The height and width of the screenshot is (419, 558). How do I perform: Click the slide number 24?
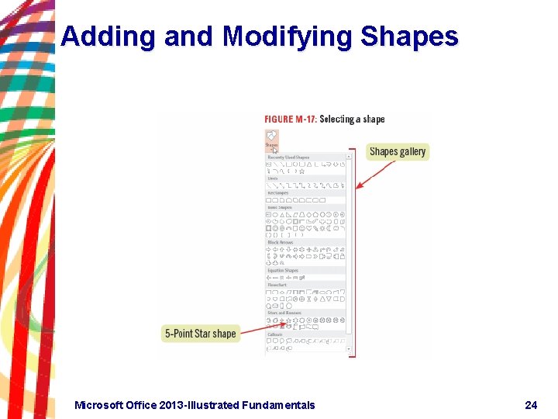point(531,404)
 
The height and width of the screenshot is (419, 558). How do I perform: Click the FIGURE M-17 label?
point(291,119)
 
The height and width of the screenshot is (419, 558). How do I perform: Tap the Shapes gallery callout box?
point(398,151)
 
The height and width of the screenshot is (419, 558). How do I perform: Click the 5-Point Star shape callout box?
point(200,334)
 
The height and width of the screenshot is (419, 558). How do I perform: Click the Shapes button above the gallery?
point(271,140)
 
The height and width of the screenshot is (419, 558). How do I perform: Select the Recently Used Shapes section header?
point(288,158)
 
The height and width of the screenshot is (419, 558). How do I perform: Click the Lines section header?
point(273,178)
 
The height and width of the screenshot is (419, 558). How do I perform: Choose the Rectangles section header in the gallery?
point(277,193)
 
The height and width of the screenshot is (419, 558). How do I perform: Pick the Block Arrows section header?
point(281,242)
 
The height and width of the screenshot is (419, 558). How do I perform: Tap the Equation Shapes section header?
point(283,271)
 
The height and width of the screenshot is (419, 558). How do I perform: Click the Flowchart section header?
point(277,285)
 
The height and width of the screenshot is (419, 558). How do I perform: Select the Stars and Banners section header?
point(284,313)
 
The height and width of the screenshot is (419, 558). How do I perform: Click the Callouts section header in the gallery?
point(275,334)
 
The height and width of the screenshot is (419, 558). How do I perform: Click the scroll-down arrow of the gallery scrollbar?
point(350,348)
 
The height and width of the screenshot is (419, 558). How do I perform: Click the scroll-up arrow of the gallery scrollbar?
point(350,157)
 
